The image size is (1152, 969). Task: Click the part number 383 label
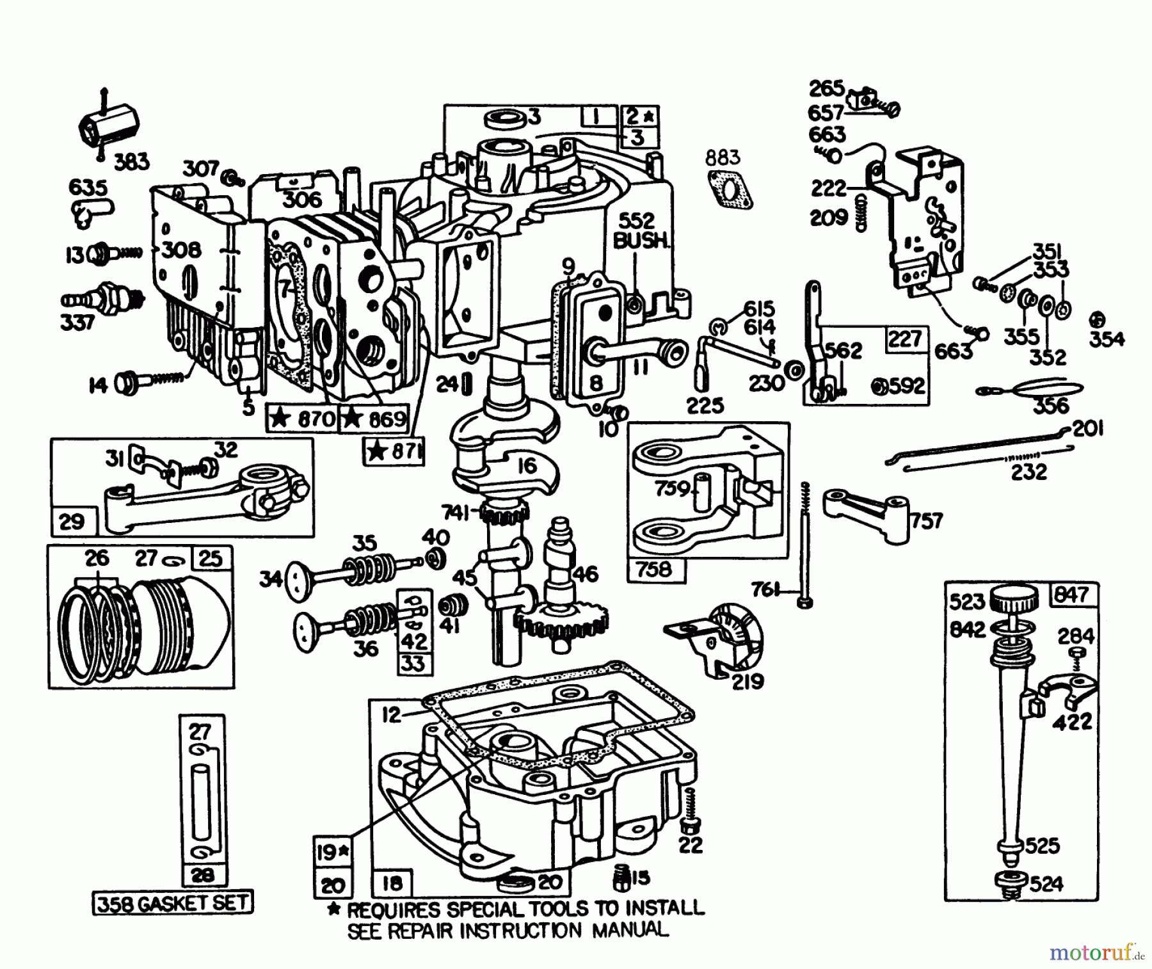click(131, 161)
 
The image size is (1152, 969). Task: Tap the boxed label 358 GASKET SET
click(173, 902)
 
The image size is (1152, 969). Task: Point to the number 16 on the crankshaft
click(527, 465)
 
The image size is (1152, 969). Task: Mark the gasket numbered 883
click(730, 189)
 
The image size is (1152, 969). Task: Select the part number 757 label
click(927, 520)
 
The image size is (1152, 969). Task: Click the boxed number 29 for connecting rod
click(72, 521)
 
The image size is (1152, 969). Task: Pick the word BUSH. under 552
click(641, 242)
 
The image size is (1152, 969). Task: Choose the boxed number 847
click(1071, 595)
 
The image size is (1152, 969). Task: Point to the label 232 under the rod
click(1028, 472)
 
